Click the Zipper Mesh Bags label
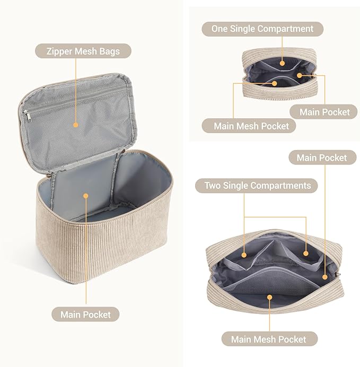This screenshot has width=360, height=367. click(83, 51)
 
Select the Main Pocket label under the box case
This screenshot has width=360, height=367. click(85, 314)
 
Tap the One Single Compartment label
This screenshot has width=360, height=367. click(262, 29)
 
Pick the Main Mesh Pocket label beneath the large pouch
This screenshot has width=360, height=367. click(268, 339)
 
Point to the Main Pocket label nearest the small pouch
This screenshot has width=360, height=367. click(324, 111)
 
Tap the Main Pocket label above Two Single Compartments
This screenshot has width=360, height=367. click(322, 158)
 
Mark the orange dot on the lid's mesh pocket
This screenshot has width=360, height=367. click(76, 125)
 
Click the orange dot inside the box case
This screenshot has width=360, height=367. click(86, 195)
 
